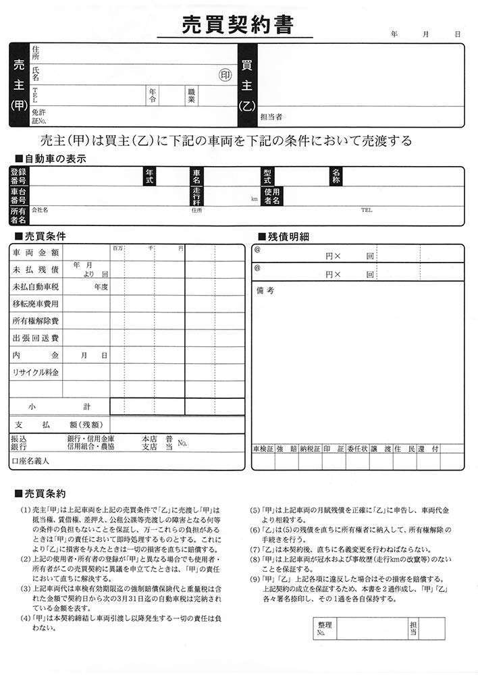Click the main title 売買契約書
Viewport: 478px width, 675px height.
238,25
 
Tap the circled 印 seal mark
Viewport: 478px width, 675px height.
224,76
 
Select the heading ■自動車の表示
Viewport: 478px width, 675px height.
49,159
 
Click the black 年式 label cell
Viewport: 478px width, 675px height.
150,177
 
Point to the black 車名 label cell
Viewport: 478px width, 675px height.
196,177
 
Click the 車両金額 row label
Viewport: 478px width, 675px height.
35,252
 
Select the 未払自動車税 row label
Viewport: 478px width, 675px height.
36,287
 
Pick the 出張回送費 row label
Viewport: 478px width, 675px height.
35,338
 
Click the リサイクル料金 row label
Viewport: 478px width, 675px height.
35,373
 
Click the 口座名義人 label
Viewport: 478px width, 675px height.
30,461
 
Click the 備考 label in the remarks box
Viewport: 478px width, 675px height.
265,291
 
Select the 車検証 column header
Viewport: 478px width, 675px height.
263,449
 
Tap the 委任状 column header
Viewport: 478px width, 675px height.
358,449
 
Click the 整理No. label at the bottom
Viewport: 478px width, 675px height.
325,628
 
